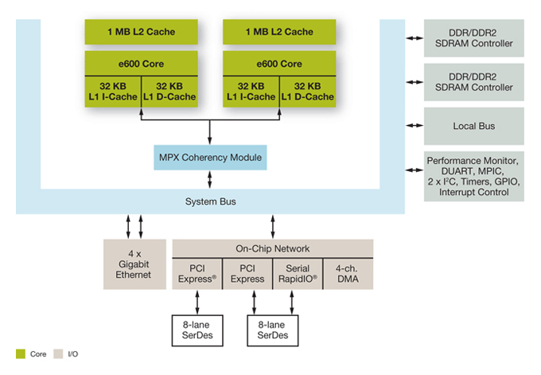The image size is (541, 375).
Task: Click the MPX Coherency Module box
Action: [x=209, y=157]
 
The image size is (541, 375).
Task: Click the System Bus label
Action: [x=210, y=201]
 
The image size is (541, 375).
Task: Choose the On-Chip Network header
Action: [x=272, y=248]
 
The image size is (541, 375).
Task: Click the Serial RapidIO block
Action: [x=297, y=273]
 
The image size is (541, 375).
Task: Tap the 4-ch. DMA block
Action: [x=347, y=273]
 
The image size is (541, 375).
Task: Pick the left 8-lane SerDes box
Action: [x=198, y=330]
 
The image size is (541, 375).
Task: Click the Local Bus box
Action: [x=473, y=126]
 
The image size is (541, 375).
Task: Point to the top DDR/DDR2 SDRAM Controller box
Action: [x=473, y=37]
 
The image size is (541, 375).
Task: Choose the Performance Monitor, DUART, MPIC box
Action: [x=473, y=176]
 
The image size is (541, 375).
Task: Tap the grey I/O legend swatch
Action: [x=57, y=353]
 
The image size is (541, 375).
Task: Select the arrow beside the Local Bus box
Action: [x=414, y=126]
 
